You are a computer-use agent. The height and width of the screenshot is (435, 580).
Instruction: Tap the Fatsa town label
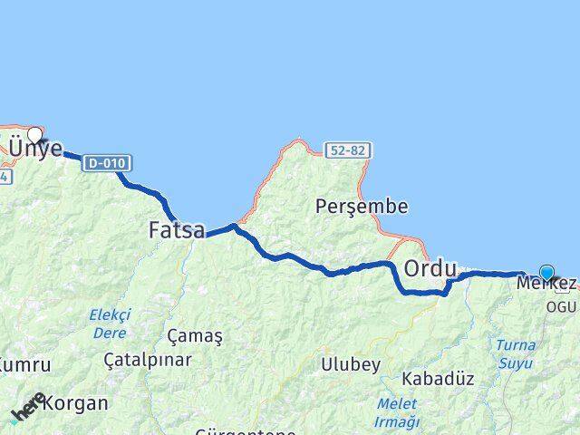pos(177,231)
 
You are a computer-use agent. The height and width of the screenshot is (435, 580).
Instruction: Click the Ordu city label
pos(430,268)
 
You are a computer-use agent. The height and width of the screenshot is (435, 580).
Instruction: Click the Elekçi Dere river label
pos(110,324)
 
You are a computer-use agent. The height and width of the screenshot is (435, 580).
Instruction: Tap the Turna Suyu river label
pos(515,353)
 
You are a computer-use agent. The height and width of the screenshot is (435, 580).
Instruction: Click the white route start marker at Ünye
pos(34,135)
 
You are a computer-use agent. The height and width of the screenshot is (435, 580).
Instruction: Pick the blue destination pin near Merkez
pos(546,271)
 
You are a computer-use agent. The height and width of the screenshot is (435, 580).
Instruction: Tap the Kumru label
pos(24,364)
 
